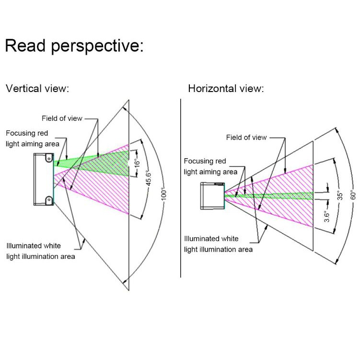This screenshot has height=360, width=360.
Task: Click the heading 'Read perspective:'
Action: pos(74,46)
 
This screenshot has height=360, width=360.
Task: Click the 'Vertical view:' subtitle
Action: pos(37,89)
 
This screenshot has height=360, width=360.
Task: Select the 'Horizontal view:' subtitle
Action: pos(226,89)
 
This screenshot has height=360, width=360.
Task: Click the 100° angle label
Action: pos(163,193)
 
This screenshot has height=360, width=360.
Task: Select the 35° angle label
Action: pos(340,196)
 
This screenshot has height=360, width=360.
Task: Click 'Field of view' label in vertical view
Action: pos(62,118)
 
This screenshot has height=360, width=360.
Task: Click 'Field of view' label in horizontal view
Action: pos(246,138)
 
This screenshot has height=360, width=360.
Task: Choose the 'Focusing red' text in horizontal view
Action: pos(205,162)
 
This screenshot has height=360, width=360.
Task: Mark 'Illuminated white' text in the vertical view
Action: pos(34,245)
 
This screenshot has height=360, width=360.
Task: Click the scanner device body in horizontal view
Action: pos(211,196)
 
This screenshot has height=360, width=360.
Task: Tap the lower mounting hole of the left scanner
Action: pos(48,199)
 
